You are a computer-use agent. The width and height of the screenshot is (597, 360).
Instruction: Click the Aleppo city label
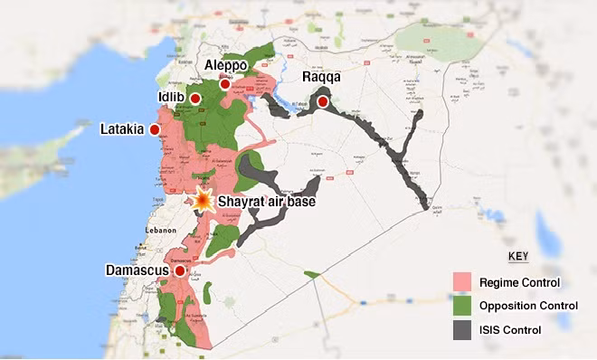(x=226, y=67)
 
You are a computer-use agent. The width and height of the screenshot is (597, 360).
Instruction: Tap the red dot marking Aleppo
(x=224, y=84)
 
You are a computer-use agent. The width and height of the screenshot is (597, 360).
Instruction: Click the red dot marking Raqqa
(x=323, y=102)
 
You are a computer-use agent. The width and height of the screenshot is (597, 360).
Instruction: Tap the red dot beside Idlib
(x=195, y=98)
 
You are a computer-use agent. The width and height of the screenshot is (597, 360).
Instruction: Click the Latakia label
(x=121, y=130)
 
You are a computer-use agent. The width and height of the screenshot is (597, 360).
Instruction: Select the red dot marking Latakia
(x=154, y=130)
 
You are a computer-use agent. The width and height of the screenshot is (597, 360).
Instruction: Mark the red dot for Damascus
(x=180, y=270)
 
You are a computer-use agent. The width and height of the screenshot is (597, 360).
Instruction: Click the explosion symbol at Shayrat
(x=204, y=201)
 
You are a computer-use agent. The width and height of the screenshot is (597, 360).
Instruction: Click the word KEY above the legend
(x=518, y=257)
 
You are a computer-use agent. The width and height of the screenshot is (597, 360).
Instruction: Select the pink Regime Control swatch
(x=464, y=282)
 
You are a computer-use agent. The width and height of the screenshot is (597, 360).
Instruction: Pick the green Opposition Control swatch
(x=464, y=306)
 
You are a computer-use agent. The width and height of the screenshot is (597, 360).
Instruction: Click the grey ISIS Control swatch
(x=464, y=329)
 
